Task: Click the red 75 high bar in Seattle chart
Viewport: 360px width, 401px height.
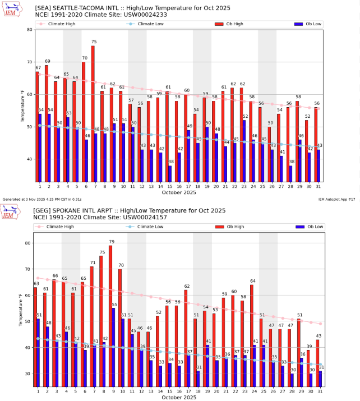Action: [x=93, y=112]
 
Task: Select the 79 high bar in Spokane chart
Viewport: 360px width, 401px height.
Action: [x=110, y=314]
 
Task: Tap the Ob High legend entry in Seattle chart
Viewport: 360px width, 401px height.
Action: [x=230, y=24]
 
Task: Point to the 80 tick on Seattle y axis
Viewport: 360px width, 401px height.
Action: [x=30, y=30]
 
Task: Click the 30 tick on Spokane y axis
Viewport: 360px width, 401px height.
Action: [x=30, y=374]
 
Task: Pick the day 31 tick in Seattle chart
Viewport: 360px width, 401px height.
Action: [x=319, y=186]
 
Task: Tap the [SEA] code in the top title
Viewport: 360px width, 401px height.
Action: [x=44, y=7]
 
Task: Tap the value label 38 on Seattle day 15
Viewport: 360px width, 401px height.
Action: [x=170, y=161]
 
